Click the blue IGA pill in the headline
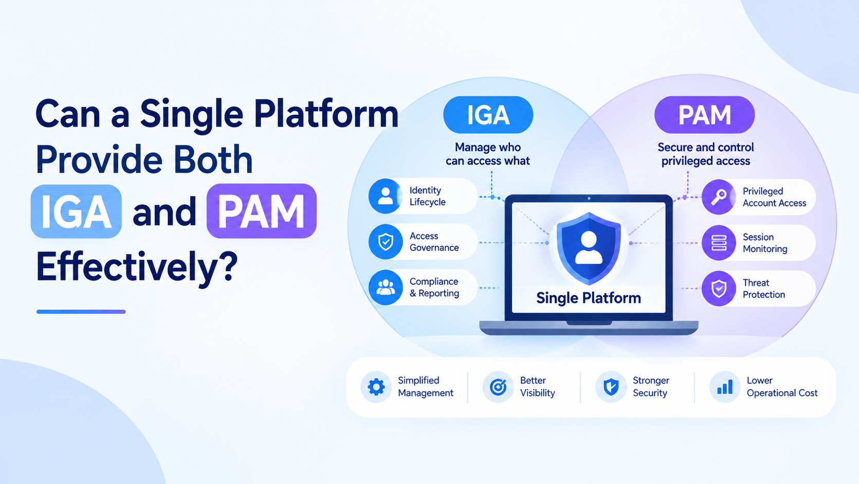tap(76, 211)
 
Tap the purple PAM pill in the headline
tap(262, 211)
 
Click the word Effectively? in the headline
tap(137, 267)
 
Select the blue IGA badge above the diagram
tap(488, 115)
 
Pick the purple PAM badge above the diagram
tap(704, 115)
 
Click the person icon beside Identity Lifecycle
tap(386, 196)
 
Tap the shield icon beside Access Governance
tap(386, 242)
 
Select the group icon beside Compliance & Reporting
tap(386, 288)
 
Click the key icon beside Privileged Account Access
tap(719, 197)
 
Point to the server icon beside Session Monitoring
tap(719, 243)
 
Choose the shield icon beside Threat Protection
tap(719, 289)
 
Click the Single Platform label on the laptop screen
tap(589, 298)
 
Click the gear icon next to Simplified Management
tap(376, 387)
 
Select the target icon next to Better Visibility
tap(498, 387)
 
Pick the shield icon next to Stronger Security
tap(611, 387)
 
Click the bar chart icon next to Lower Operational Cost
tap(725, 387)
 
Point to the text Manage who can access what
tap(488, 154)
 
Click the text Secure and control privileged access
tap(706, 154)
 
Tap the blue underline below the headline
tap(81, 312)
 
